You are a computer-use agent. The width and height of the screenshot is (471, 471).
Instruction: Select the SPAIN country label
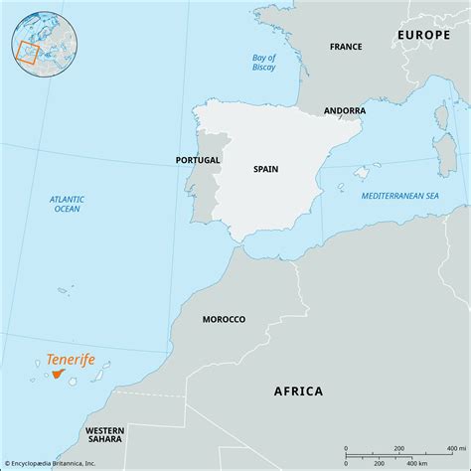tap(265, 169)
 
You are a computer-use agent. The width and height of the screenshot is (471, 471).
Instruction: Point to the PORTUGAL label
tap(197, 159)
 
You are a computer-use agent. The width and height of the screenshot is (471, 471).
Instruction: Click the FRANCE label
tap(346, 47)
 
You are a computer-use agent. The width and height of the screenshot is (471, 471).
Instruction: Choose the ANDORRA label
tap(344, 110)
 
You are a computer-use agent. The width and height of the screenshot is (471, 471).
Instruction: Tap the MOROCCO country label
tap(224, 319)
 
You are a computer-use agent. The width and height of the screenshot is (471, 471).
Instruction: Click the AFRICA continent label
tap(298, 391)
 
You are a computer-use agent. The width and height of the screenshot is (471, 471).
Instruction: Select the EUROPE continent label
tap(423, 34)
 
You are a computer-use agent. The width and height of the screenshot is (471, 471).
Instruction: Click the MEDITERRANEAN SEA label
tap(399, 196)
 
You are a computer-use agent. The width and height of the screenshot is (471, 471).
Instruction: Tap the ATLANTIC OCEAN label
tap(67, 204)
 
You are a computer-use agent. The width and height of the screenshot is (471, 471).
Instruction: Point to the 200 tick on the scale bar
tap(397, 448)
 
